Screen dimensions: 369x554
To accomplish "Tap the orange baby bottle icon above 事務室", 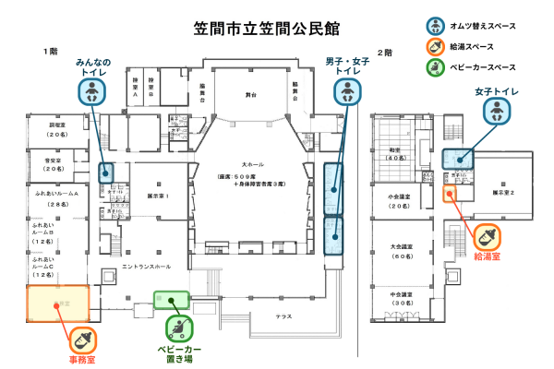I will pyautogui.click(x=84, y=339).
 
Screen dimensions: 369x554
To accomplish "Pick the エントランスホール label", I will pyautogui.click(x=147, y=267).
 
